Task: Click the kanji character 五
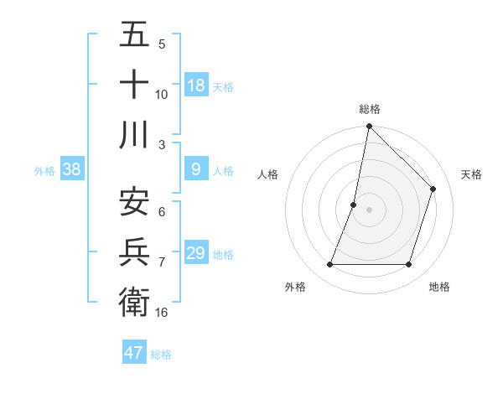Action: [x=134, y=36]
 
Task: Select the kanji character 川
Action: [x=134, y=134]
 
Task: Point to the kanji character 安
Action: [x=134, y=201]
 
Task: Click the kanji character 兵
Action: [x=134, y=251]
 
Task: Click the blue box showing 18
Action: [x=196, y=86]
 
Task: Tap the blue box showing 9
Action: [x=196, y=169]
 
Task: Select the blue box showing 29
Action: [x=196, y=253]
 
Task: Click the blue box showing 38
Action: [x=72, y=169]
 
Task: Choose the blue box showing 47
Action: [x=134, y=353]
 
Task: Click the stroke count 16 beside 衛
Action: [x=162, y=312]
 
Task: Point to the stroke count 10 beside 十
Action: [x=162, y=95]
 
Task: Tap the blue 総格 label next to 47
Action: [x=161, y=355]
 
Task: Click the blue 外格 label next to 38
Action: [x=44, y=171]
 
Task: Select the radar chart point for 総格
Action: [x=369, y=127]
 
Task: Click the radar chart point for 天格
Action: [x=433, y=189]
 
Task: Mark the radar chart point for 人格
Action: [x=354, y=205]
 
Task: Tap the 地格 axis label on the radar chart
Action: [x=439, y=288]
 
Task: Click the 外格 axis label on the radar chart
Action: [x=295, y=288]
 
